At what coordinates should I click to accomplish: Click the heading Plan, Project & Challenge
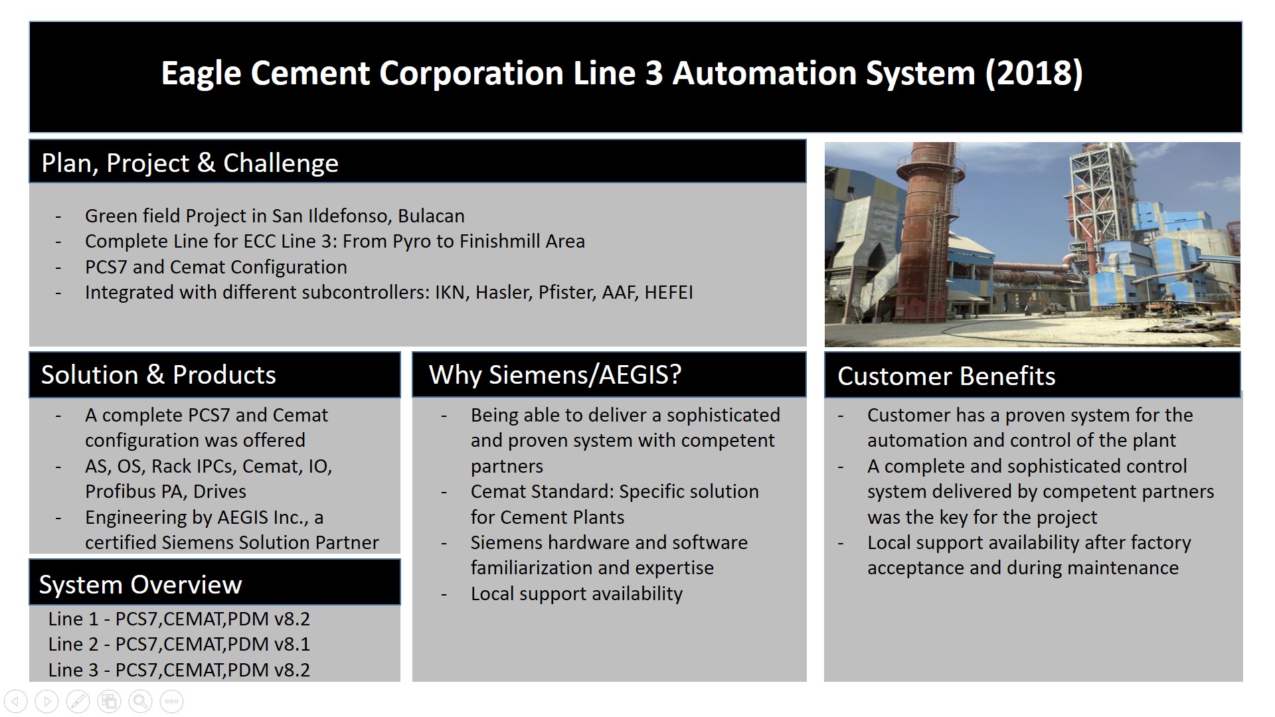point(190,163)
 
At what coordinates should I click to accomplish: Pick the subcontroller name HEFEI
point(668,292)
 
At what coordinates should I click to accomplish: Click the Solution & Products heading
point(159,374)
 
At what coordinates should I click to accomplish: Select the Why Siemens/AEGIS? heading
point(555,375)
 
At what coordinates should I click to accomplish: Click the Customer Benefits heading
point(946,376)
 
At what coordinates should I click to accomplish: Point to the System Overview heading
point(141,585)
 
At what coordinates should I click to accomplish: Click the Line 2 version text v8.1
point(292,644)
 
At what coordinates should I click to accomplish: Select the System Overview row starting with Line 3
point(179,669)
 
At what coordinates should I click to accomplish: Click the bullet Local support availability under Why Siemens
point(576,594)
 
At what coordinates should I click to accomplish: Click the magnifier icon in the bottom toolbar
point(141,701)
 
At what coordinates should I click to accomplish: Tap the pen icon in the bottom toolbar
point(78,701)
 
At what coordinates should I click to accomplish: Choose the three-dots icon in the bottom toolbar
point(172,701)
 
